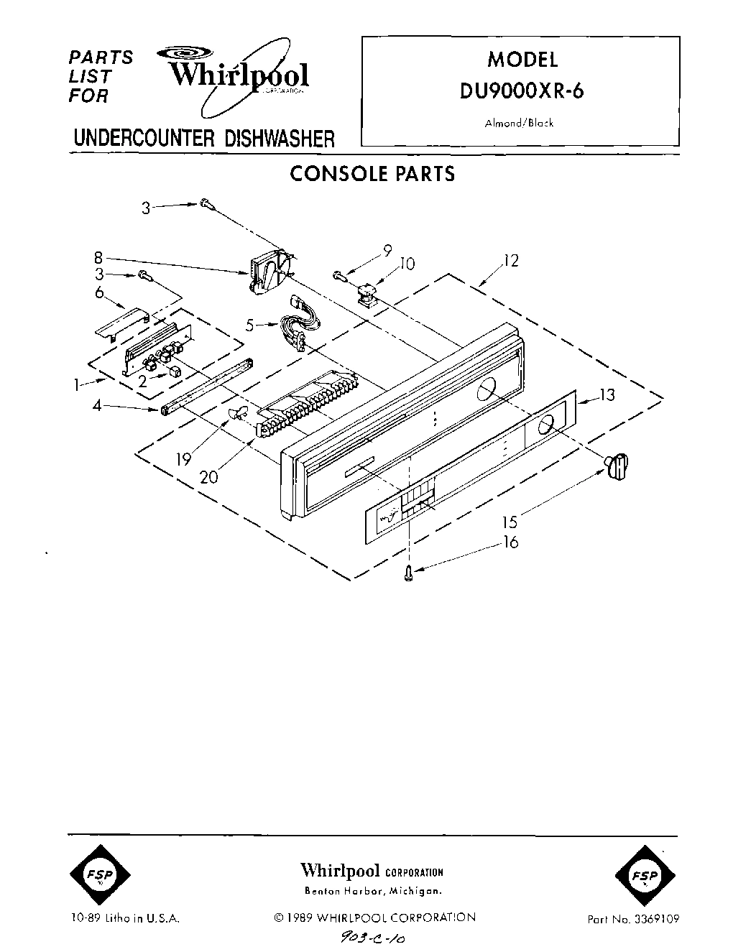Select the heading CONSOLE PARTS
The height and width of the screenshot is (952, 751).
[x=372, y=174]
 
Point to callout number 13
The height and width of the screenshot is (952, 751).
[x=607, y=394]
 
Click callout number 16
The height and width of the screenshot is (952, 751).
[x=510, y=542]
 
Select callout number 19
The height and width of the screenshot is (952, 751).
[x=184, y=458]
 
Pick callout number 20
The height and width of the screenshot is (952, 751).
[x=209, y=476]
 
